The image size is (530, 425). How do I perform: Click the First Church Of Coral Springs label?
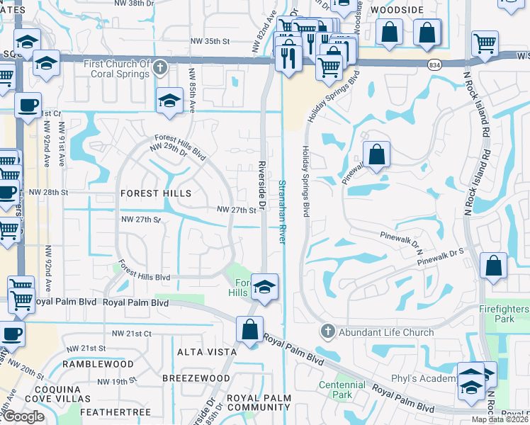(x=117, y=69)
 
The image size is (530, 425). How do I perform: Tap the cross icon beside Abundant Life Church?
(x=327, y=331)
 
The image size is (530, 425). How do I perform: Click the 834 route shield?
(x=433, y=65)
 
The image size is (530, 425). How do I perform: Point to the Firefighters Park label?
(x=504, y=314)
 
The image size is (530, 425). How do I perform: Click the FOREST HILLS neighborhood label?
(x=156, y=193)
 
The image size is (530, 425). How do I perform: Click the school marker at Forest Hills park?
(x=264, y=285)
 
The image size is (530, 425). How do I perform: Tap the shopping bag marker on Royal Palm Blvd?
(x=249, y=329)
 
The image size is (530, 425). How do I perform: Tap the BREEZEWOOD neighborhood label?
(x=196, y=378)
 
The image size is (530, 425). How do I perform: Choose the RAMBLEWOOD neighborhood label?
(x=98, y=363)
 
